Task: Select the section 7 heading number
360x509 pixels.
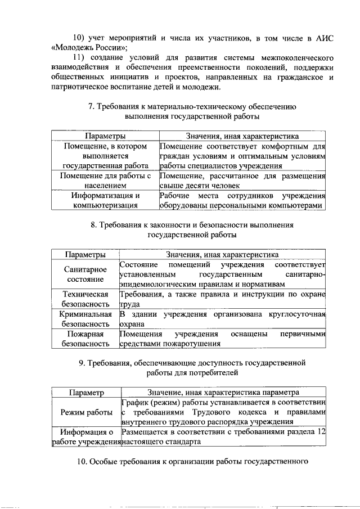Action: [91, 106]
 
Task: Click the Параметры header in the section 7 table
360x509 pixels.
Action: [105, 136]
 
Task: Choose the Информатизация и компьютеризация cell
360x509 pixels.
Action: [105, 200]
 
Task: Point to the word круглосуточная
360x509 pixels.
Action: [298, 314]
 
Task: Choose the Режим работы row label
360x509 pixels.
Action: [86, 412]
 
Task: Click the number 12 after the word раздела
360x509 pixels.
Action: [321, 432]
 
